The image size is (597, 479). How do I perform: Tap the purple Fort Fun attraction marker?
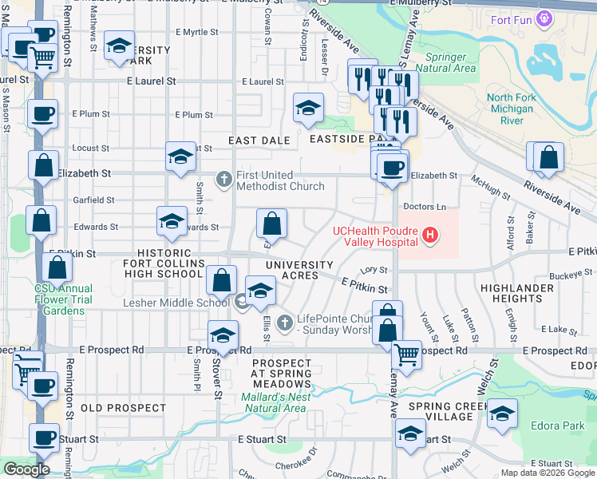coord(546,18)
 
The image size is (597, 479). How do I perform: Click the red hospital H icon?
coord(431,235)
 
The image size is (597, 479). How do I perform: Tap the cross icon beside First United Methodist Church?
coord(225,179)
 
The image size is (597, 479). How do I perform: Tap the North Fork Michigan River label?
coord(510,109)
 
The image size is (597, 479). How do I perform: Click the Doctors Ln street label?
coord(422,206)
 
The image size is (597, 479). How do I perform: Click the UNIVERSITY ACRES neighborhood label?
coord(299,270)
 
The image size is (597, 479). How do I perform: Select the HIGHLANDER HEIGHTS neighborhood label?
coord(512,293)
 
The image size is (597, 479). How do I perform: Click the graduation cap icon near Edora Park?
coord(502,413)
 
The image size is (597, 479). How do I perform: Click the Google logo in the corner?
coord(26,469)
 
